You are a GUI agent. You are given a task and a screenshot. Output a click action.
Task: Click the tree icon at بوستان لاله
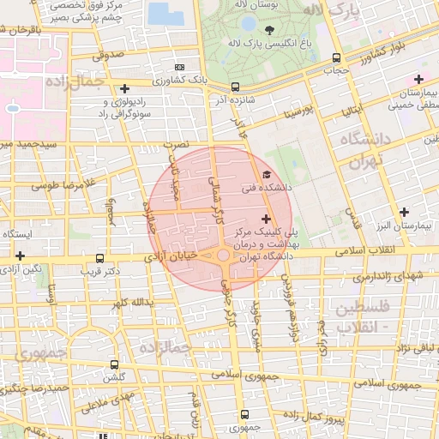(270, 29)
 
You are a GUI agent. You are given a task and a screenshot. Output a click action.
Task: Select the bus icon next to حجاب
(334, 59)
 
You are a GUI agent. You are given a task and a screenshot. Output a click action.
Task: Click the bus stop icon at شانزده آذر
(235, 87)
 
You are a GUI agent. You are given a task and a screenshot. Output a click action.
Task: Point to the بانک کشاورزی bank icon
(178, 67)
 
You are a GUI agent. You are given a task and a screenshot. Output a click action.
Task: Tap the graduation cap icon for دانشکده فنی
(266, 176)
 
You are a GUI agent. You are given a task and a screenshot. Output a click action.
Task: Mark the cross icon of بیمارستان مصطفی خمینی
(418, 80)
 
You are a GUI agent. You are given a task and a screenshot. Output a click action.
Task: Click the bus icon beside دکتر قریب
(100, 258)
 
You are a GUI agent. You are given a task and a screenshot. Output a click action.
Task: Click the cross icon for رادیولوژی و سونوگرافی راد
(125, 88)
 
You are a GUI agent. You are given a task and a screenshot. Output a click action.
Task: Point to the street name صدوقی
(108, 54)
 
